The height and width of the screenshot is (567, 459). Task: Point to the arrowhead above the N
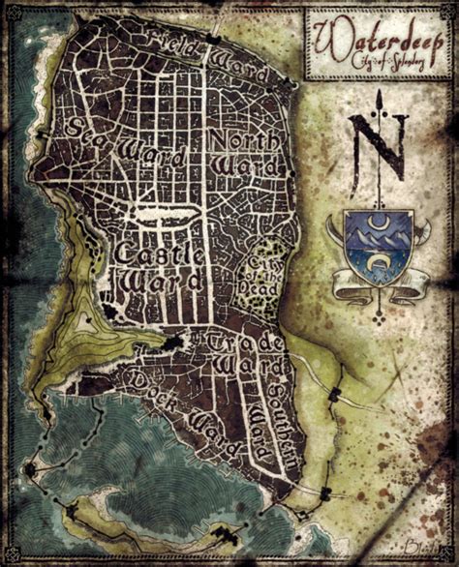coord(380,96)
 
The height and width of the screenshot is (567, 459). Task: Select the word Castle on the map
coord(153,254)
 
